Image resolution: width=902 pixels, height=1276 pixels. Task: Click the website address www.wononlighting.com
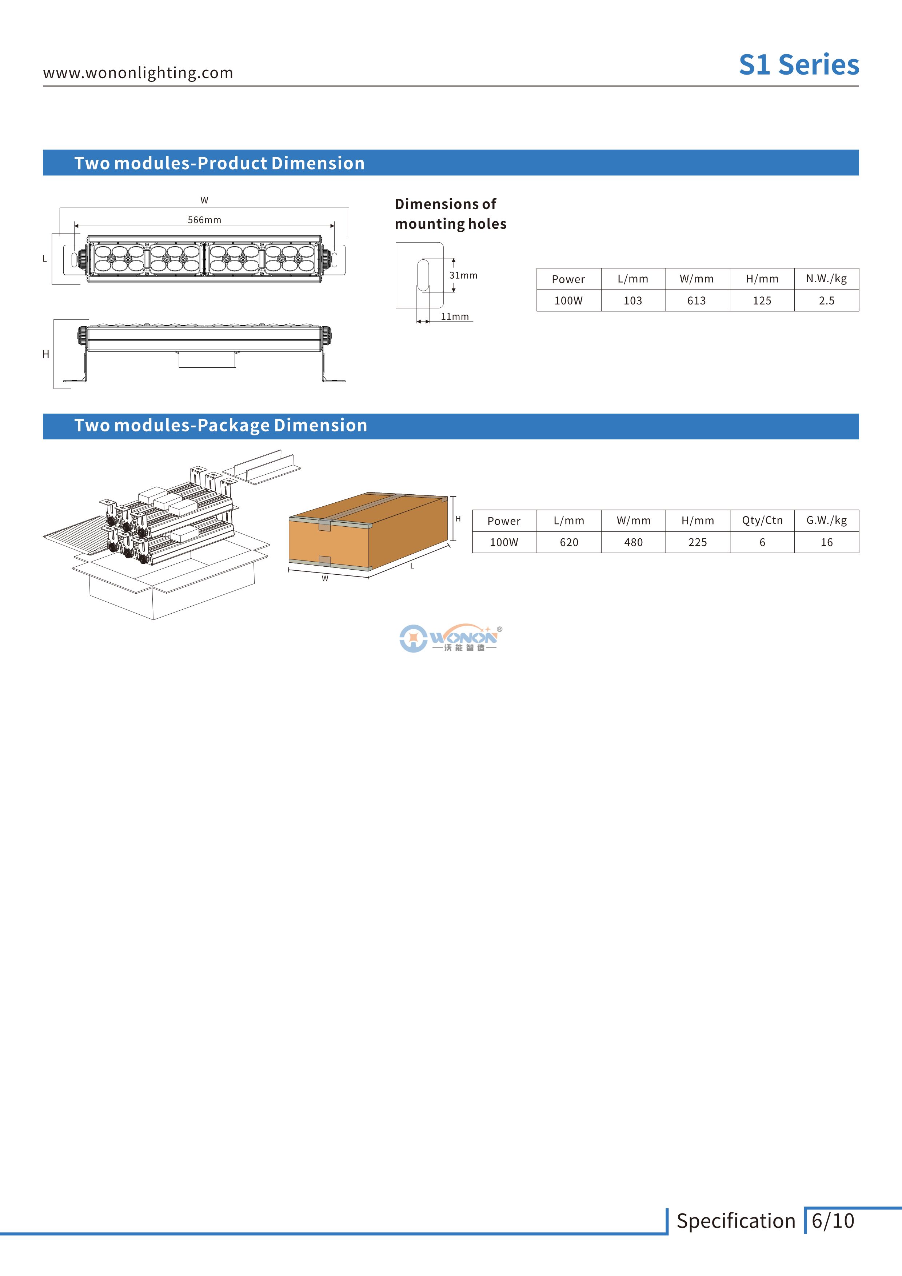tap(138, 73)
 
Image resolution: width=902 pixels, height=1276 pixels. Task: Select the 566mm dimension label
tap(204, 220)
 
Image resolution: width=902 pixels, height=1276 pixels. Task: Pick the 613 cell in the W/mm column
tap(697, 301)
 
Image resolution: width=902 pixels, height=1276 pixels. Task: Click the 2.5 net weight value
tap(826, 301)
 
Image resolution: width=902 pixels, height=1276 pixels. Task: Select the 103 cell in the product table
tap(632, 301)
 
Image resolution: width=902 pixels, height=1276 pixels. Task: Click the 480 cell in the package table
tap(633, 542)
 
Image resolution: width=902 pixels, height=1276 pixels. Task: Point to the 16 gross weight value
tap(826, 542)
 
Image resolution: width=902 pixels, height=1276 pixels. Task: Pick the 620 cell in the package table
tap(568, 542)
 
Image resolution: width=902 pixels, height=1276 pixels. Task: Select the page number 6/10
tap(833, 1220)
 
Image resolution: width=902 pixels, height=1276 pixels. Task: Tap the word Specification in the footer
tap(735, 1220)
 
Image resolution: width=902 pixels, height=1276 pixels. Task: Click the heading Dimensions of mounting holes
tap(450, 214)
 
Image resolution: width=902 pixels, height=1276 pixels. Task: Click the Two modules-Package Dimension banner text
tap(221, 426)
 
